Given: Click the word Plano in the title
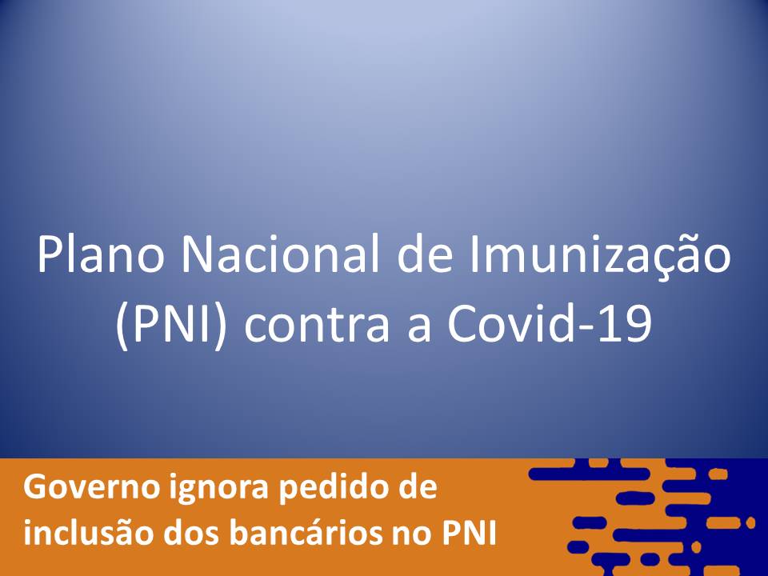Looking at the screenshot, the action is point(100,255).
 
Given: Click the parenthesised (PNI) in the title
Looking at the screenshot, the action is point(171,324).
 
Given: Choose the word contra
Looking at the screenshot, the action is point(317,326).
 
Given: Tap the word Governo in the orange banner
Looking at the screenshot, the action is point(91,488).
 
